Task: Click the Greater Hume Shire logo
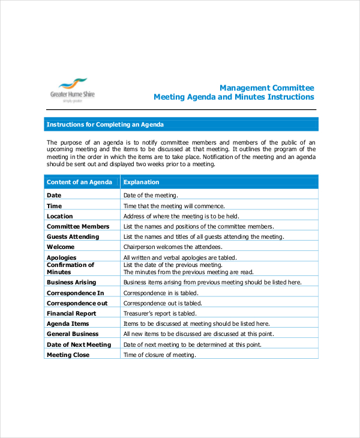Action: (73, 91)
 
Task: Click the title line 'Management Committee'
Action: (266, 87)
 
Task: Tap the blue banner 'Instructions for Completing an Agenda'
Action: (105, 125)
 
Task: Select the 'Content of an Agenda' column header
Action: (79, 182)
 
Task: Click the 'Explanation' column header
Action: (142, 182)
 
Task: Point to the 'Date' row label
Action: (54, 195)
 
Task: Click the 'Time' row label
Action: (55, 206)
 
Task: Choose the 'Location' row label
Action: (60, 216)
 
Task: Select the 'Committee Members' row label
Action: (78, 226)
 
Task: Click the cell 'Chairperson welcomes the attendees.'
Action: (173, 247)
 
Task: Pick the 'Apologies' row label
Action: (62, 257)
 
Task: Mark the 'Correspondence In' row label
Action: (76, 293)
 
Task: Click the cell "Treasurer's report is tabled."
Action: (160, 313)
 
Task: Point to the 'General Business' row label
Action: (73, 334)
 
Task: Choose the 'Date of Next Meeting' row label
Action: (79, 344)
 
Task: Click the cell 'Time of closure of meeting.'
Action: (160, 355)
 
